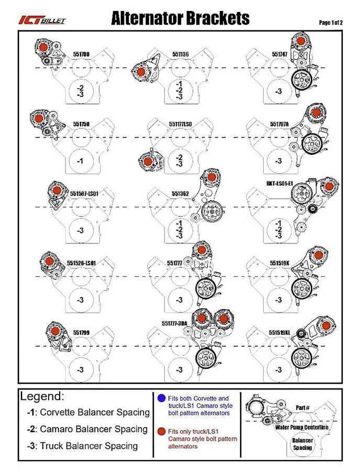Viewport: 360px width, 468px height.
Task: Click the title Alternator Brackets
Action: pos(180,19)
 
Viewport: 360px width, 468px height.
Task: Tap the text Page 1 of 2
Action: pos(331,23)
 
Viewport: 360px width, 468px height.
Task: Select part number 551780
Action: pos(81,54)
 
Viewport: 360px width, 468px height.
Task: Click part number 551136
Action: pos(181,54)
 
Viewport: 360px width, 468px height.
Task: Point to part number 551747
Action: pos(279,54)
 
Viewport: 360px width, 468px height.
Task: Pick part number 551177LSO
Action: pos(181,124)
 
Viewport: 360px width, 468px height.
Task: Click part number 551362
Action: pos(181,193)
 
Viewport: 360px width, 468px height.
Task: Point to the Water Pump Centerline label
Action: pos(302,427)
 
